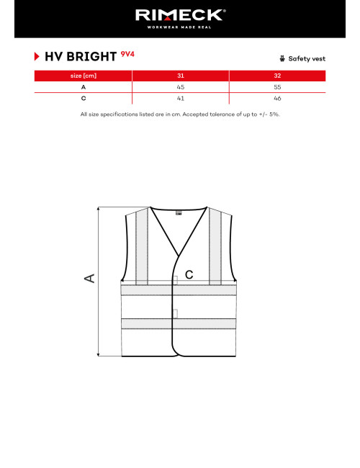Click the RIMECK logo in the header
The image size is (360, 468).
coord(179,14)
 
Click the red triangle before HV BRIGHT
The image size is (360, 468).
coord(37,55)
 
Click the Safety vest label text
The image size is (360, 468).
coord(307,58)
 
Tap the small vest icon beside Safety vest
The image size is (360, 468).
coord(282,58)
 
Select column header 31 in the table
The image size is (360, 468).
coord(180,76)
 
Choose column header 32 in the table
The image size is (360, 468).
coord(277,76)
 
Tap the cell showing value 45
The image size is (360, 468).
coord(180,86)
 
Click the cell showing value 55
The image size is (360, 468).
coord(277,86)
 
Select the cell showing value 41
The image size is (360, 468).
coord(180,97)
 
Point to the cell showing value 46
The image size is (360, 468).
coord(277,97)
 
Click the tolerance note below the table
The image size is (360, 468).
coord(179,114)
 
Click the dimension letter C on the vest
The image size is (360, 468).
coord(189,274)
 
